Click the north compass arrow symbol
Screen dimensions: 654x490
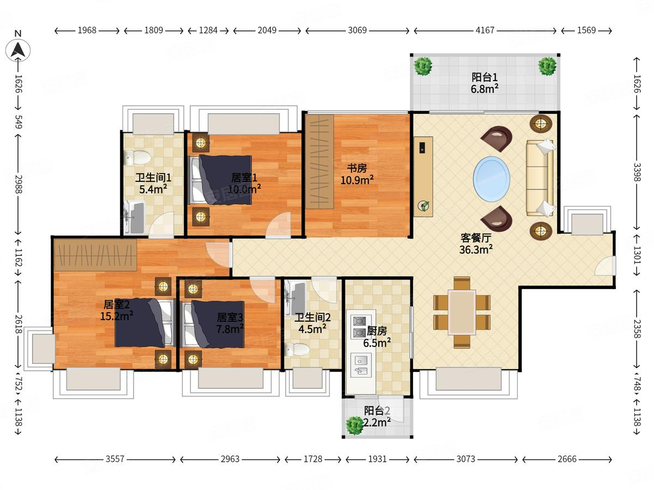[x=18, y=50]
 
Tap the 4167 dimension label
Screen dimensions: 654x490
[x=485, y=30]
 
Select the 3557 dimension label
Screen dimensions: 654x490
[x=114, y=459]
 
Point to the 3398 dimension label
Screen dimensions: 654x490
[x=637, y=171]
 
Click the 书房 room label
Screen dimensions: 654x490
[x=356, y=168]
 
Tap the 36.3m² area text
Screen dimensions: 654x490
[x=476, y=249]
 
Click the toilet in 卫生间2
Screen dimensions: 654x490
[x=297, y=350]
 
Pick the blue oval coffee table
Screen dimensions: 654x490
[x=492, y=179]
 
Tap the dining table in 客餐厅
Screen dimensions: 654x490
[x=462, y=313]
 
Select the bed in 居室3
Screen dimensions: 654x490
[x=213, y=324]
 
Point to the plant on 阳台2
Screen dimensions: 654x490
[x=355, y=425]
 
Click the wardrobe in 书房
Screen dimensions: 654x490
[x=319, y=162]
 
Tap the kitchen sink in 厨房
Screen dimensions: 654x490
[x=361, y=365]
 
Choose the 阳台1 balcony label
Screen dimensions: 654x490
[x=485, y=77]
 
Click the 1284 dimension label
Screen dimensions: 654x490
[x=208, y=30]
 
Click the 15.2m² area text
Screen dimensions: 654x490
[x=117, y=316]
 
